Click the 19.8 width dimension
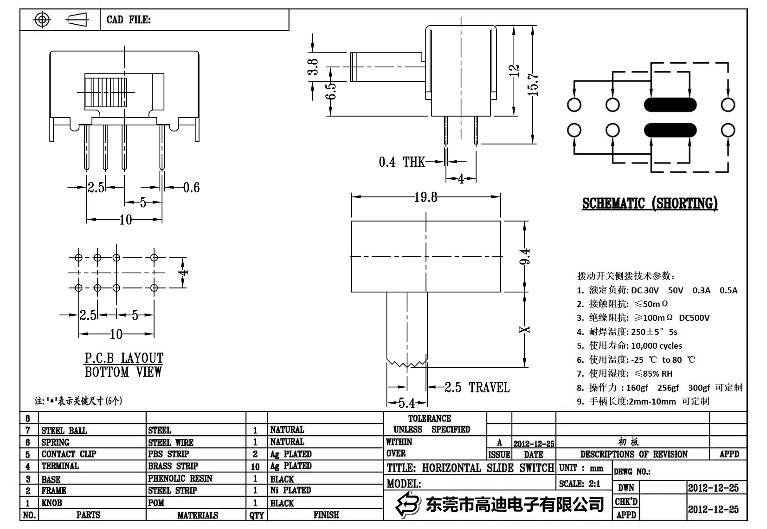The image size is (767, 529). (x=425, y=197)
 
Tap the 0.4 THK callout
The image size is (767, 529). (x=402, y=162)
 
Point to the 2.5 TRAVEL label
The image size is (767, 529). (x=477, y=387)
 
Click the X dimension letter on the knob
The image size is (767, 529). (x=525, y=330)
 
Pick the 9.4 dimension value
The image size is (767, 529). (x=525, y=256)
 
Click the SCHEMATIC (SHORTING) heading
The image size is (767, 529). (x=650, y=203)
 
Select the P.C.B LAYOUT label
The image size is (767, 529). (x=123, y=358)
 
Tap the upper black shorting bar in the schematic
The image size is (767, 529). (x=670, y=105)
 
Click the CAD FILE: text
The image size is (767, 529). (x=129, y=20)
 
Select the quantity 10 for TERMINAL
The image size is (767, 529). (x=255, y=466)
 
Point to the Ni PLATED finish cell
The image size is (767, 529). (x=290, y=490)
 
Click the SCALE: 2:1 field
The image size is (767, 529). (x=580, y=484)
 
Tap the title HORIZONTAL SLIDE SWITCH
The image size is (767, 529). (x=470, y=468)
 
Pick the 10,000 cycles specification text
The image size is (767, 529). (x=656, y=346)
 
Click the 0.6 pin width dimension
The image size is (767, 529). (x=191, y=188)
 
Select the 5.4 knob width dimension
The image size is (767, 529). (x=407, y=403)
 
